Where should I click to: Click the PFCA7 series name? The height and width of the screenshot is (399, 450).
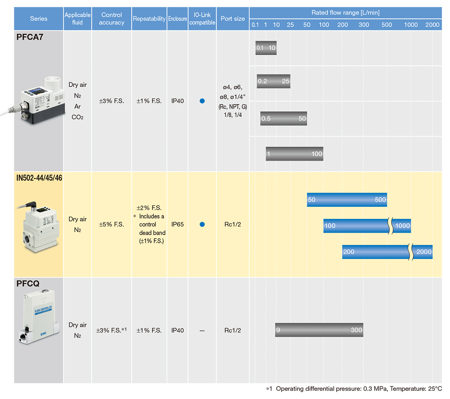29,37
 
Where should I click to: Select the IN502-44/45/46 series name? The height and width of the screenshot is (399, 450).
39,178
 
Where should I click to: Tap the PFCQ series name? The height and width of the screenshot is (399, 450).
28,283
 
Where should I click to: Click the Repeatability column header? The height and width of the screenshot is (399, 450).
149,19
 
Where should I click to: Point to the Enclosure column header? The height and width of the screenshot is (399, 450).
178,19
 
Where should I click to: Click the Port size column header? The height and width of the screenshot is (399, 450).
233,19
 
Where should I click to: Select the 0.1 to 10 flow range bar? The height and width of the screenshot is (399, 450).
266,48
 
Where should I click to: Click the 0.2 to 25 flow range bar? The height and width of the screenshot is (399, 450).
274,81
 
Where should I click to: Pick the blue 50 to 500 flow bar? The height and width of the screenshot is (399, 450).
347,199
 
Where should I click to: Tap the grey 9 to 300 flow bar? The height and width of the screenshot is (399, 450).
319,330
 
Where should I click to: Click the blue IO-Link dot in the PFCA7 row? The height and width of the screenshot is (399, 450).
202,101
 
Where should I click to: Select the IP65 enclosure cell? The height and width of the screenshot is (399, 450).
178,224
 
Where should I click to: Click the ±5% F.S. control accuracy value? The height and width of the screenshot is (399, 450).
112,224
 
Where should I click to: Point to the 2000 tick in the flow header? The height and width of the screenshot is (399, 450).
432,25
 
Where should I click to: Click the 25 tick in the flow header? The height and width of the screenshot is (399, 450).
290,25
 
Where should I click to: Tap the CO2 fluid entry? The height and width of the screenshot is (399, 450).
77,117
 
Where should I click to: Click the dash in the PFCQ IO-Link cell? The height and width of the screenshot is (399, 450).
202,331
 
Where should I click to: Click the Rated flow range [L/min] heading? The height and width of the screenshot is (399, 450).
346,13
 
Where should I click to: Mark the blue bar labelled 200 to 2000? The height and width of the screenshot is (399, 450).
387,252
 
